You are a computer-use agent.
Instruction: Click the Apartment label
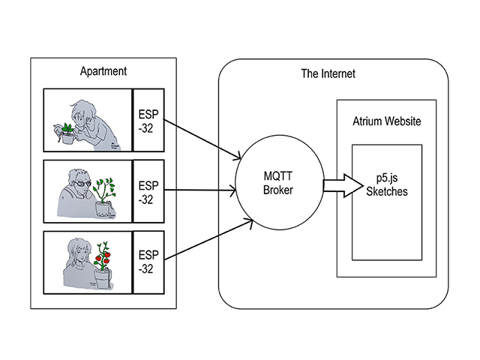pos(102,71)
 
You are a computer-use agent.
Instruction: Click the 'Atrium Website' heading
pos(386,121)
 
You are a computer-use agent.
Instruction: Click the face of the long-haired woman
pos(79,252)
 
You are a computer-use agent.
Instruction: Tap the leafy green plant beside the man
pos(106,184)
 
